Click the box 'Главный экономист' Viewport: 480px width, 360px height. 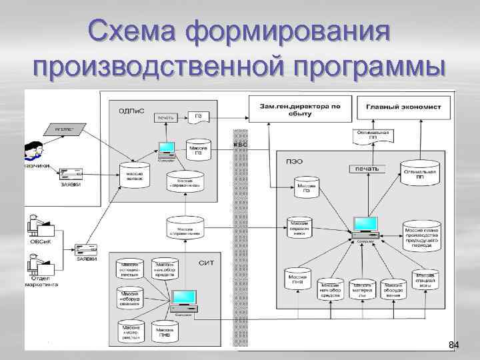click(399, 107)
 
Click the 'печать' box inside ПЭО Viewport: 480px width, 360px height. click(366, 169)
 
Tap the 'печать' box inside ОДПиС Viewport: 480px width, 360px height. click(166, 118)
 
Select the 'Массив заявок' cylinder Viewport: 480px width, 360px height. click(134, 175)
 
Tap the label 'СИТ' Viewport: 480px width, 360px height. click(206, 264)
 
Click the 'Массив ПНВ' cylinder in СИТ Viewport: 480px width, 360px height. click(163, 331)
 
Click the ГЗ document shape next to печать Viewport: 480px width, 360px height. click(198, 117)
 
